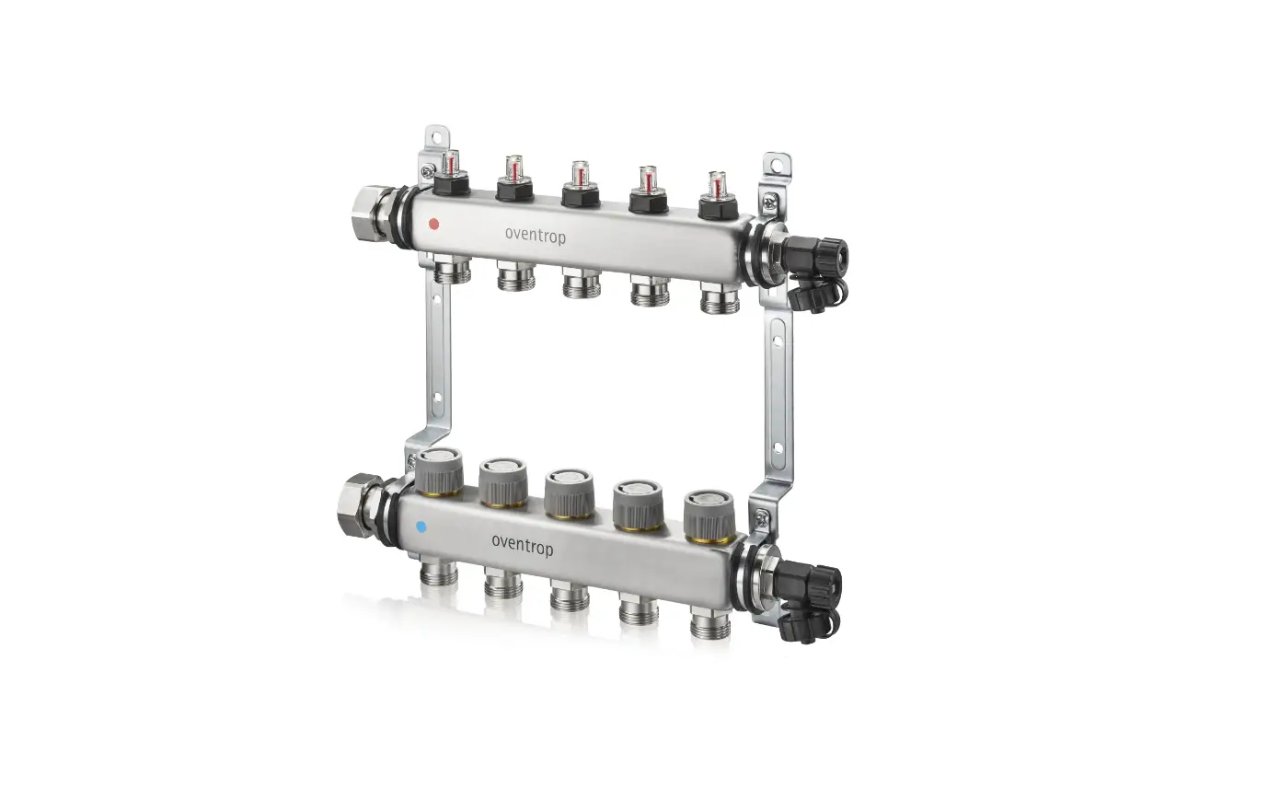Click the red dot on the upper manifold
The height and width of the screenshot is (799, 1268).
(433, 223)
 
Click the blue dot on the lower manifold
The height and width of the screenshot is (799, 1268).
(421, 527)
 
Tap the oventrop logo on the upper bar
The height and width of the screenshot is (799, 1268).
(536, 235)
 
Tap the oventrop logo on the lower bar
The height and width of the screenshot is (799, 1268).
(523, 547)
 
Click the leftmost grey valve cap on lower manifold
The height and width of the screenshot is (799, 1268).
(439, 471)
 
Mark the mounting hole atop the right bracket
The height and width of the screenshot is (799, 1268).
(780, 167)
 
